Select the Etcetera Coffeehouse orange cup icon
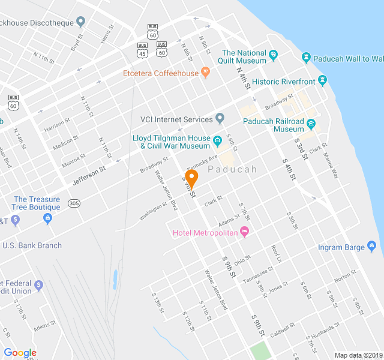pyautogui.click(x=205, y=73)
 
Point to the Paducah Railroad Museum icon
pyautogui.click(x=311, y=124)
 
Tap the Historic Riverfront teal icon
pyautogui.click(x=322, y=80)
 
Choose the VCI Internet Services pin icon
pyautogui.click(x=220, y=118)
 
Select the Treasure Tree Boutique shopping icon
pyautogui.click(x=47, y=218)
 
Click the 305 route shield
pyautogui.click(x=74, y=203)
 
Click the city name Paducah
pyautogui.click(x=232, y=170)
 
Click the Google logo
pyautogui.click(x=20, y=353)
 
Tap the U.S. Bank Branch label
pyautogui.click(x=32, y=245)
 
